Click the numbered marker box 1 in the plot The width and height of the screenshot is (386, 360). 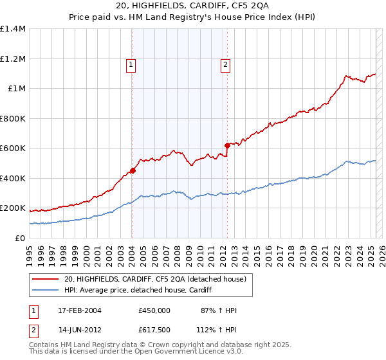[131, 64]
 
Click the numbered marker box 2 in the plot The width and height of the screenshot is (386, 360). [226, 64]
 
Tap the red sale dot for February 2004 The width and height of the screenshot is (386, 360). [133, 170]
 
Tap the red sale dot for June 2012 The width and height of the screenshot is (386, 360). [227, 146]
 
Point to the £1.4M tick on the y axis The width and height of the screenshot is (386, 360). [13, 29]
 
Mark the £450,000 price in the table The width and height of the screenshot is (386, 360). [154, 310]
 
